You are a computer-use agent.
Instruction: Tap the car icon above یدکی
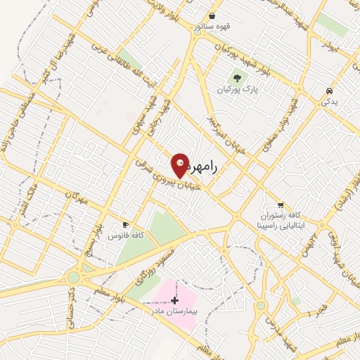pyautogui.click(x=329, y=91)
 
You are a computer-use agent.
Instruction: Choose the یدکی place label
pyautogui.click(x=329, y=103)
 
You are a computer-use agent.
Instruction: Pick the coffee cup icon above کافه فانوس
pyautogui.click(x=125, y=225)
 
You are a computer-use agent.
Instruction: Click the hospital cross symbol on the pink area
pyautogui.click(x=175, y=300)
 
